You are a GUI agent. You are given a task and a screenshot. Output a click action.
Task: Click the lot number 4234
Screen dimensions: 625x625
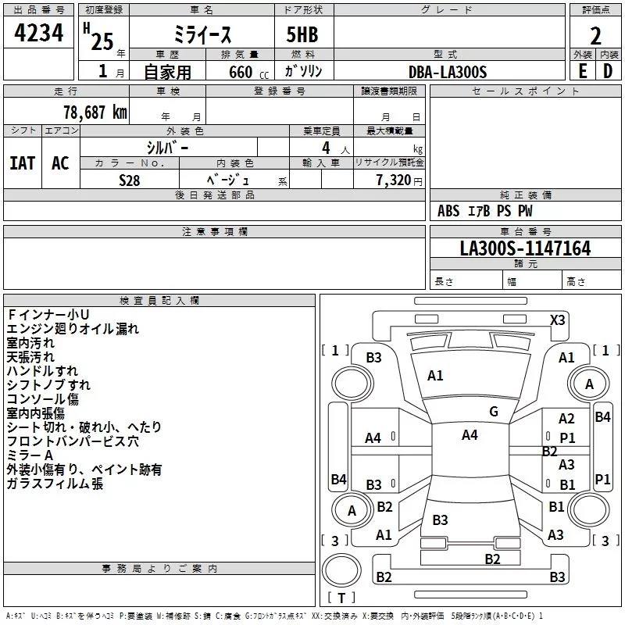pos(38,34)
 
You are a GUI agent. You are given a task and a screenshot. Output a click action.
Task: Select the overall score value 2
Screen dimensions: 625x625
pos(595,36)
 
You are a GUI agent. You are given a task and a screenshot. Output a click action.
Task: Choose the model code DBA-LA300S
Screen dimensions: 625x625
pos(448,72)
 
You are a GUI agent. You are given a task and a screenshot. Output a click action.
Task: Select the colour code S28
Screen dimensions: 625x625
pos(130,179)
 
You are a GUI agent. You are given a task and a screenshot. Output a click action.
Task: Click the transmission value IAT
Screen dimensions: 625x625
pos(22,163)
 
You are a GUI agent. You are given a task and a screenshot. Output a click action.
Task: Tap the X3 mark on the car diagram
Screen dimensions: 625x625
pos(558,320)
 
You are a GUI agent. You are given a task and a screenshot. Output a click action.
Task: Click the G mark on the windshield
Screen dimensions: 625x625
pos(494,412)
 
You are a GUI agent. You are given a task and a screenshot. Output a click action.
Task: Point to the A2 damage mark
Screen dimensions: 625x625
pos(566,420)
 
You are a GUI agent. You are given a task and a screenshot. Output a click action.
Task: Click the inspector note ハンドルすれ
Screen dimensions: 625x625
pos(42,371)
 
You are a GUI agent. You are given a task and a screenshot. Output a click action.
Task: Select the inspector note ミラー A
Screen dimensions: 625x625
pos(30,455)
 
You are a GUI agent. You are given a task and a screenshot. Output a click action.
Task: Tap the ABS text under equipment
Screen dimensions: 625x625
pos(448,211)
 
